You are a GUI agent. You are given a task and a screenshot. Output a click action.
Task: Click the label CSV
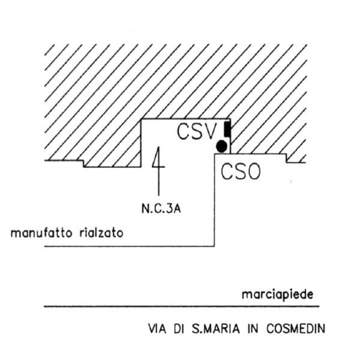197,131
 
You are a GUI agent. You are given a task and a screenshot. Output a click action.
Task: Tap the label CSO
241,171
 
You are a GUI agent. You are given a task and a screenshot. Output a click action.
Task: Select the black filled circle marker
222,146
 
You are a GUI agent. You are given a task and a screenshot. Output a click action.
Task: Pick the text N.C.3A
161,209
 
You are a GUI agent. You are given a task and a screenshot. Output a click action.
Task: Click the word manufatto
41,233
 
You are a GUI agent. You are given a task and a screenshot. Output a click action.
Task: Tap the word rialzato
101,233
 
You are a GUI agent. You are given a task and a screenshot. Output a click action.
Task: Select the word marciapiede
278,294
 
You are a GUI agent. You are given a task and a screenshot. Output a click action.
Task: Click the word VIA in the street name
157,329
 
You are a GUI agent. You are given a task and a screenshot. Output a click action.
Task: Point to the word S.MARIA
215,329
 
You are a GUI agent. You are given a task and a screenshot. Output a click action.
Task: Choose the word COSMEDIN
296,329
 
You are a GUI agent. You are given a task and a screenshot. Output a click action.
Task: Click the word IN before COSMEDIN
253,329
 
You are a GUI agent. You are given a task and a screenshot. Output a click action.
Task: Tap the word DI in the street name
178,329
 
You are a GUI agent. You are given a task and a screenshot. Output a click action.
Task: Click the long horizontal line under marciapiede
182,306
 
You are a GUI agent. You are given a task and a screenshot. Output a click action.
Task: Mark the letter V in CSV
210,131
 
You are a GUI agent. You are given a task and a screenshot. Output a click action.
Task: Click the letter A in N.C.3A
177,209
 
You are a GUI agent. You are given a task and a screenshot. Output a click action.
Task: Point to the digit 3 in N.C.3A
169,209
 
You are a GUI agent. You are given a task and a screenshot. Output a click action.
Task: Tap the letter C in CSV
183,131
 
